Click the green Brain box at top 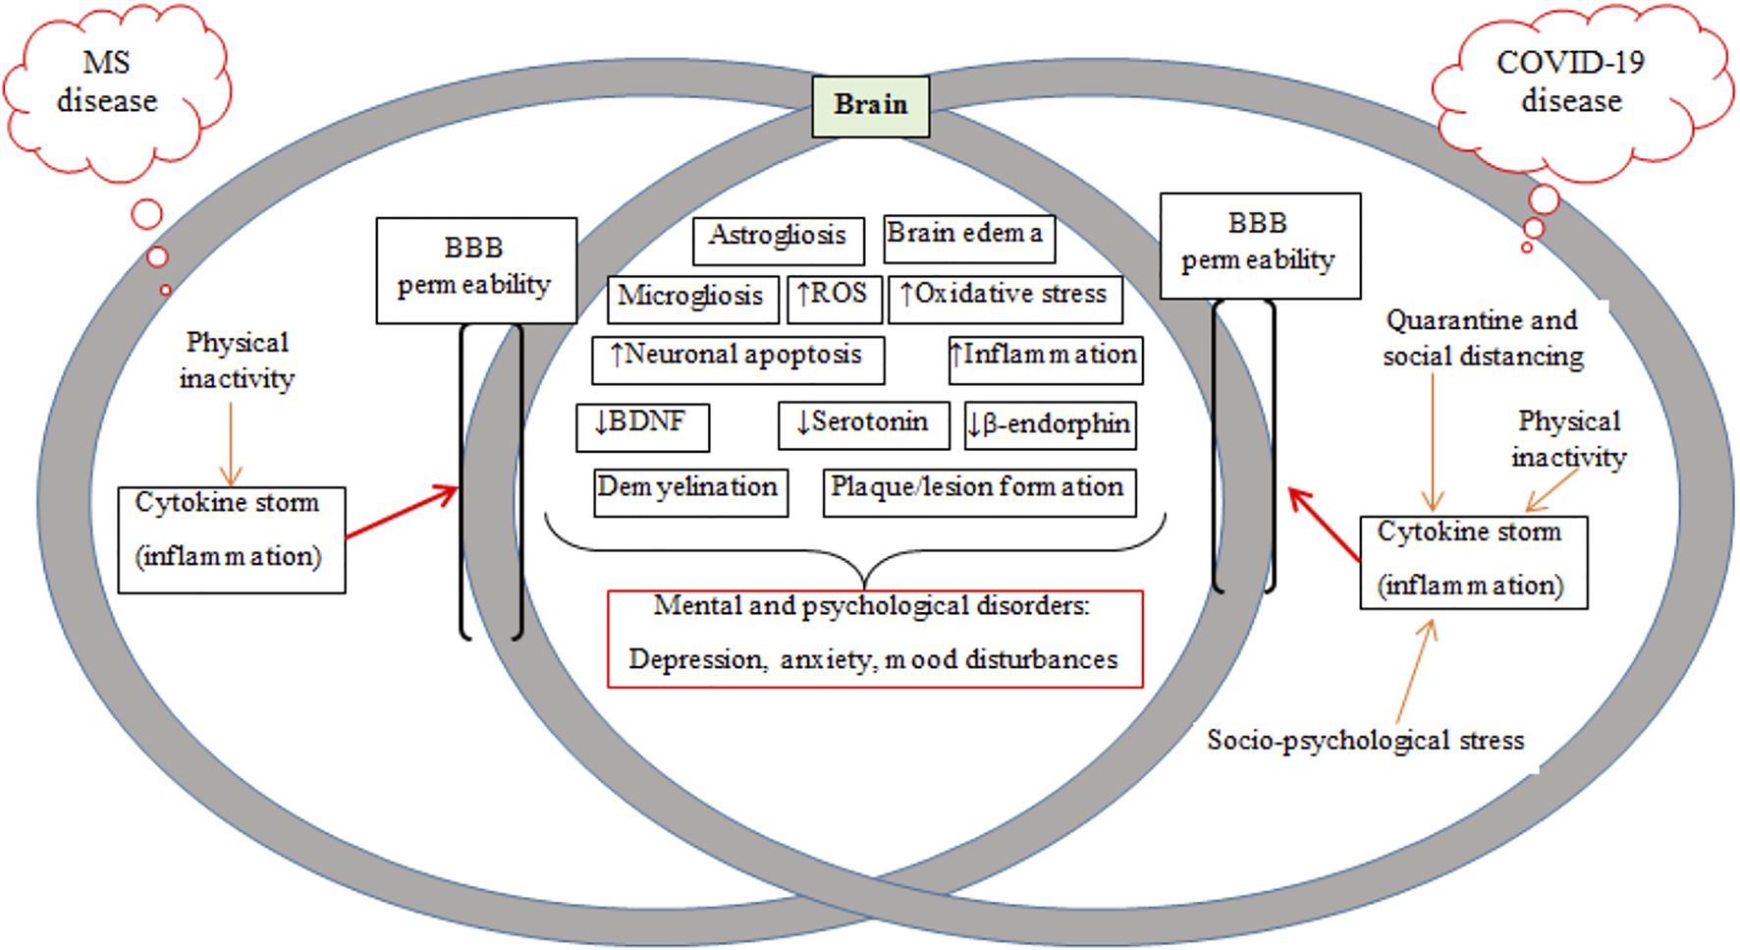point(870,105)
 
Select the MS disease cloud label point(106,83)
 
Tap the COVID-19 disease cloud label point(1570,83)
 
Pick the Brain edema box point(968,239)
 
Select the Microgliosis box point(692,299)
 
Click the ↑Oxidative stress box point(1005,299)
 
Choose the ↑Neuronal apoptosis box point(737,360)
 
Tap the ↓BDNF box point(642,425)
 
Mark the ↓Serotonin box point(863,424)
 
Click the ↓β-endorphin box point(1050,424)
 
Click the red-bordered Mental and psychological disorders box point(874,638)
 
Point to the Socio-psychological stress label point(1365,740)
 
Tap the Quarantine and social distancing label point(1482,338)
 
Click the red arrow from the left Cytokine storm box point(402,512)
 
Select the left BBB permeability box point(476,270)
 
